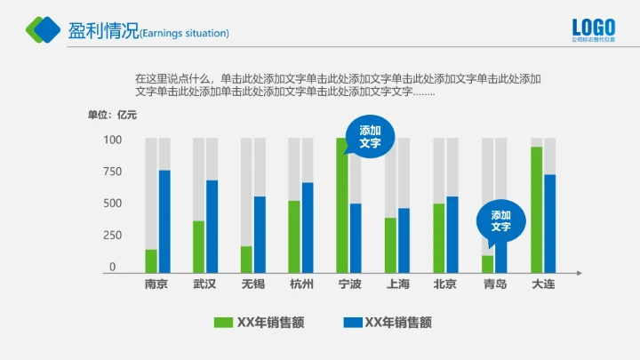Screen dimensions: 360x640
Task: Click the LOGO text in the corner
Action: [x=593, y=27]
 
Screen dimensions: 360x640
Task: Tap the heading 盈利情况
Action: [x=104, y=31]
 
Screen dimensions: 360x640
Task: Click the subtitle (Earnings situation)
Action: [x=185, y=34]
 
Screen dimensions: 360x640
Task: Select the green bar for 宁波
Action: [x=342, y=204]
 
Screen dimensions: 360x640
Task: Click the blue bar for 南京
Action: [x=164, y=221]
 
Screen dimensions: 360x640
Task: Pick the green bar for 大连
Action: [x=536, y=210]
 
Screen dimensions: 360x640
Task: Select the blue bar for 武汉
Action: [x=212, y=227]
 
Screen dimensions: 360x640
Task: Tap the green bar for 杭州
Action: [x=294, y=236]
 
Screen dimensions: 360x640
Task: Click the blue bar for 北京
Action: [x=452, y=235]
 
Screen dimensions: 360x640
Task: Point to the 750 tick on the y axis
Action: [x=112, y=172]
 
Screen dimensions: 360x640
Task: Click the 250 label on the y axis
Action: [x=112, y=236]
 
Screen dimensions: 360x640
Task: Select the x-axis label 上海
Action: [x=398, y=284]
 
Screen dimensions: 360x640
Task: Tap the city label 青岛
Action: [x=495, y=284]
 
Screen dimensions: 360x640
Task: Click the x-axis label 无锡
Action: [x=252, y=284]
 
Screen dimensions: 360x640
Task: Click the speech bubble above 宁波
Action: [x=370, y=137]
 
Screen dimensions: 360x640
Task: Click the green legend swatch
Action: [x=223, y=323]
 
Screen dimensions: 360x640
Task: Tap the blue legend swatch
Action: [x=353, y=323]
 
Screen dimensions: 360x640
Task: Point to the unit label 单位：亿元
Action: [x=112, y=114]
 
